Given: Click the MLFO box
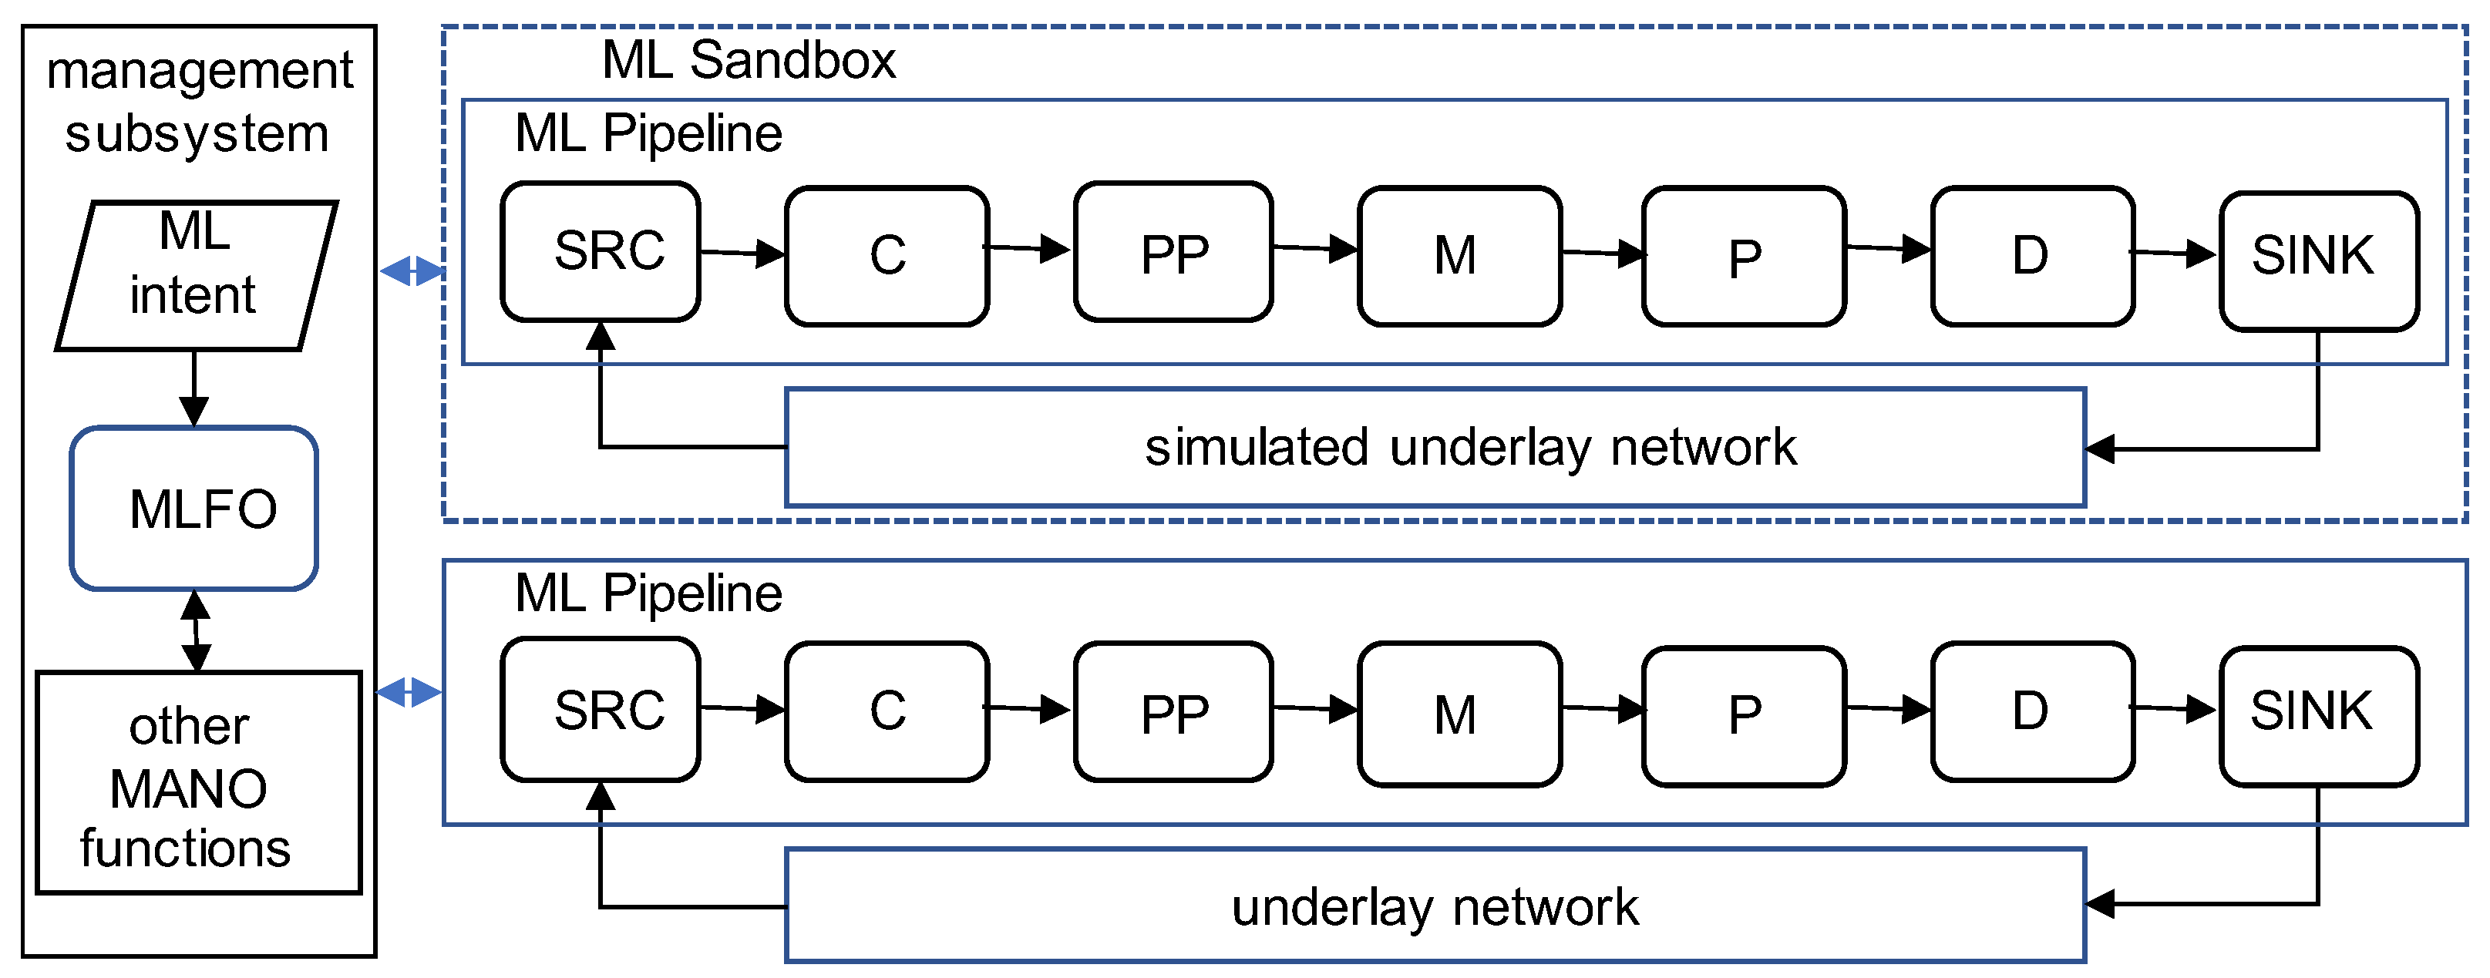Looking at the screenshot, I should coord(193,509).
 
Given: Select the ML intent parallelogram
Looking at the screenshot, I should coord(197,275).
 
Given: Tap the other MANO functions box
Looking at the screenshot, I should coord(198,783).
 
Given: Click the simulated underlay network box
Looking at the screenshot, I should coord(1435,448).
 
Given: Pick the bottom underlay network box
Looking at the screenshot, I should coord(1435,906).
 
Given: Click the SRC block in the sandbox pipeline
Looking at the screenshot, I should coord(601,251).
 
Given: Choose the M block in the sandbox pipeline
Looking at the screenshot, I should coord(1459,256).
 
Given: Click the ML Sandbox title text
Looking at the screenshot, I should coord(749,60).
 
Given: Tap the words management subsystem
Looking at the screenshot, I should coord(198,102).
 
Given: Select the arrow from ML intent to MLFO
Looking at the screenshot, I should coord(194,388).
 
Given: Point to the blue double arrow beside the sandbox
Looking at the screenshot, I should coord(412,271).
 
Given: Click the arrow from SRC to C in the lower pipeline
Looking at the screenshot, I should coord(742,708).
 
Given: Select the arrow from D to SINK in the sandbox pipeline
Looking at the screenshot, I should coord(2174,254).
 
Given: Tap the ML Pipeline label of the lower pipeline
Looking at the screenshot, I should coord(648,593).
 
